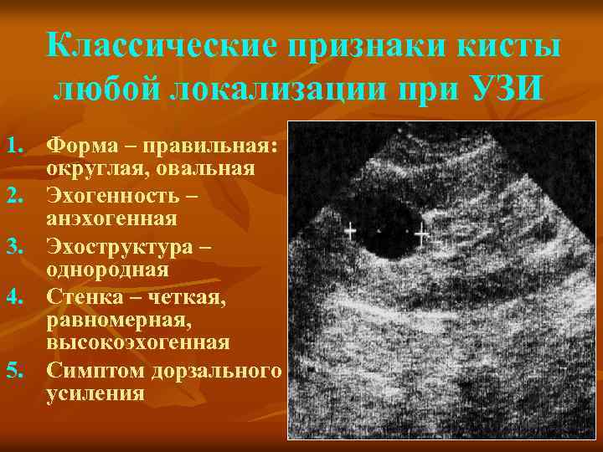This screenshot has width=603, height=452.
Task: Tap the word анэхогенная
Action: [x=111, y=219]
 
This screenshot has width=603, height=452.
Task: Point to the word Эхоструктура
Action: [x=118, y=247]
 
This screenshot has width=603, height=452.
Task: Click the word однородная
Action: [x=107, y=270]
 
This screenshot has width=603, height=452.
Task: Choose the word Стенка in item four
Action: [x=84, y=296]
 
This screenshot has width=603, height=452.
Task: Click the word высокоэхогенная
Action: [x=137, y=342]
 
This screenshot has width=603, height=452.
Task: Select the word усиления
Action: [x=95, y=393]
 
